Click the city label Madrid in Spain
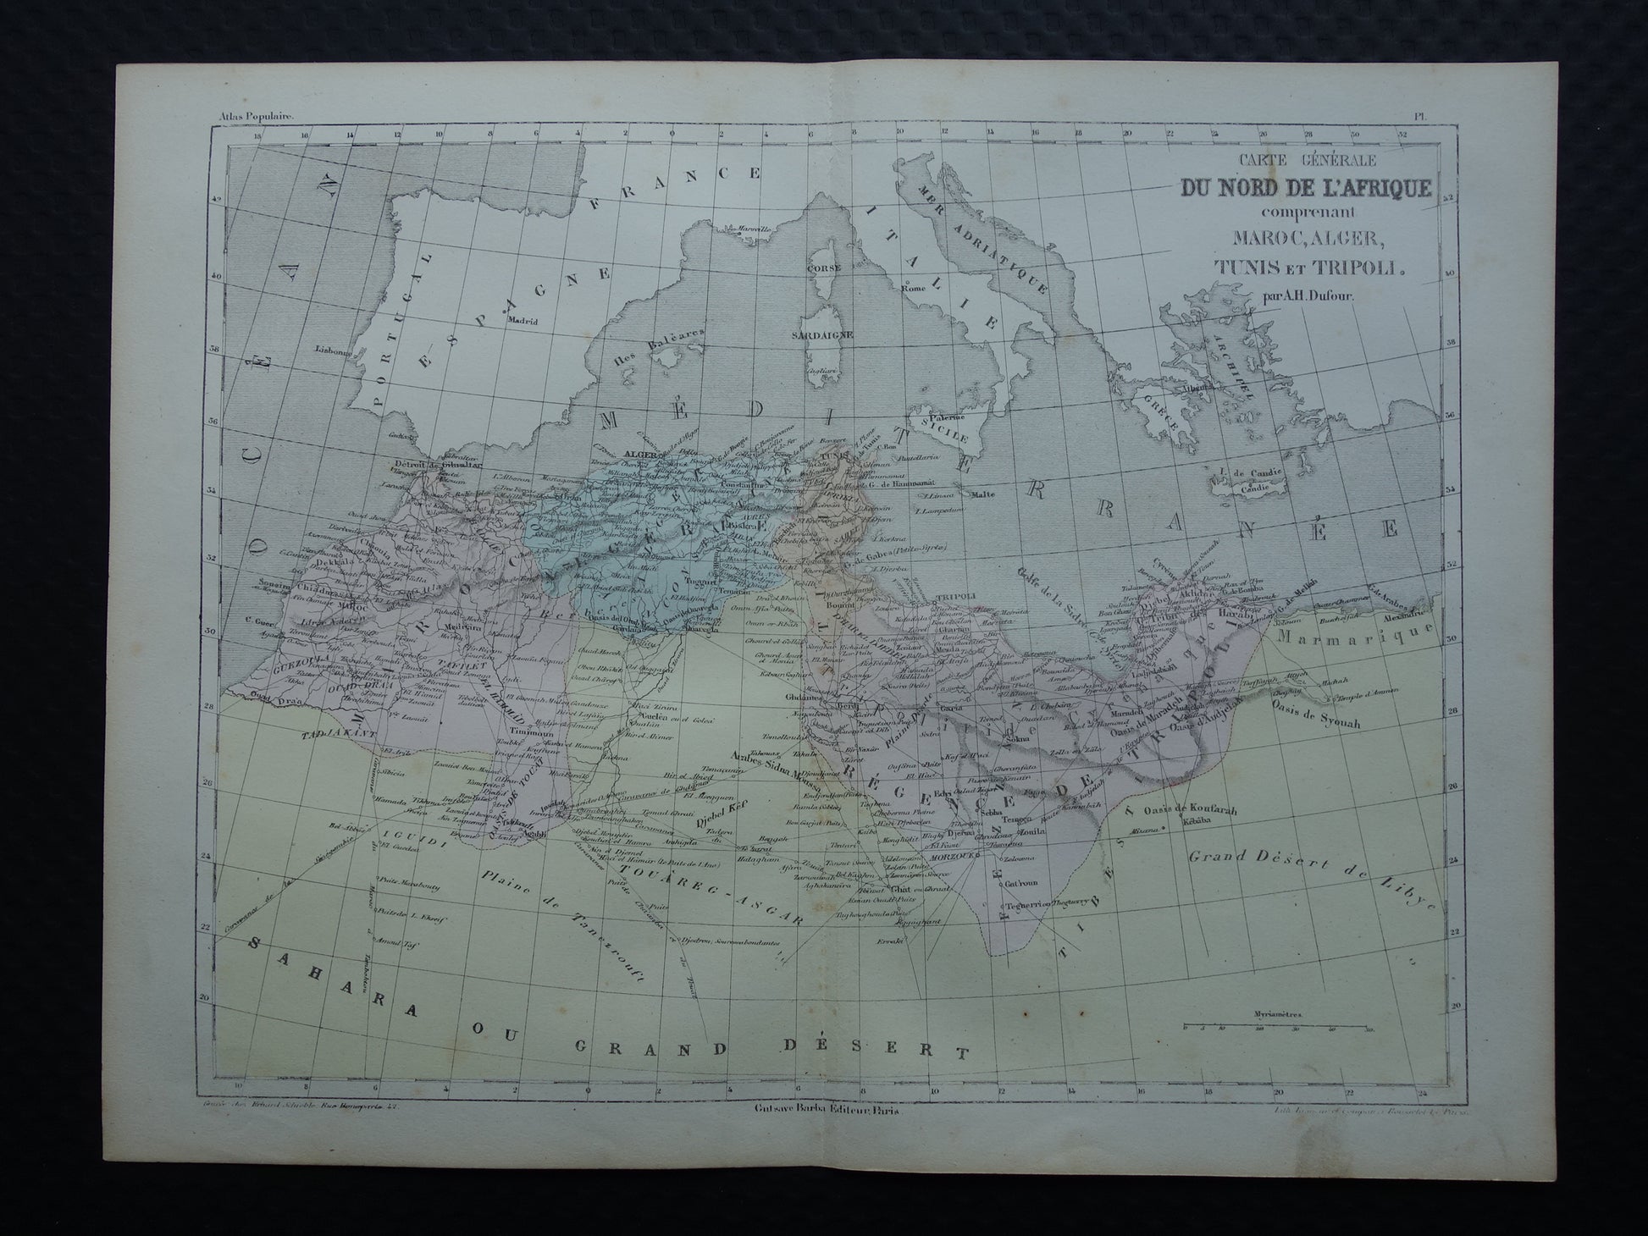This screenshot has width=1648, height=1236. (523, 321)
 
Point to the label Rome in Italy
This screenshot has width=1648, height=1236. (913, 287)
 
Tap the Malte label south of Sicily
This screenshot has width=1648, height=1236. (982, 494)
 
